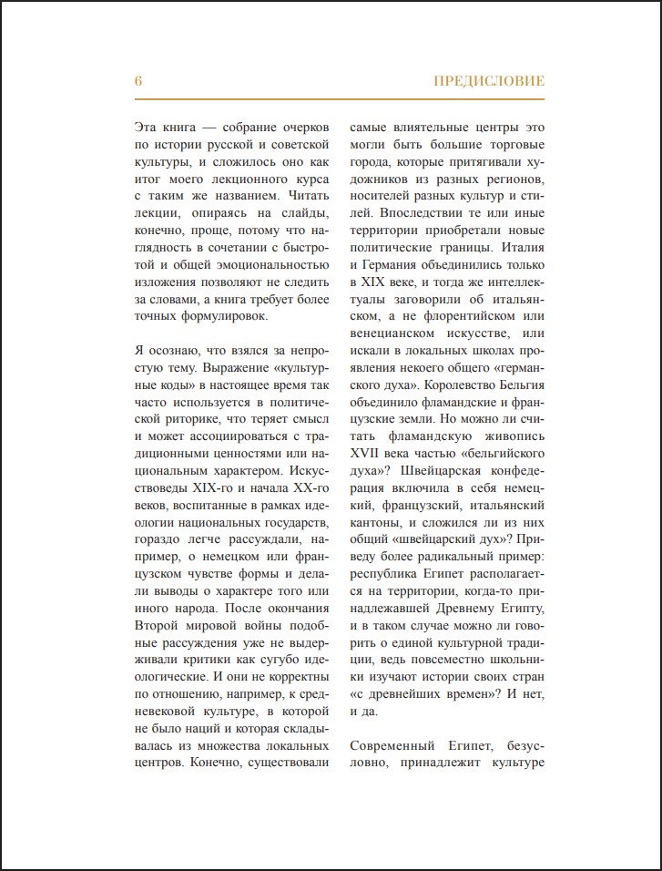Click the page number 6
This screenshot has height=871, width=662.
(137, 81)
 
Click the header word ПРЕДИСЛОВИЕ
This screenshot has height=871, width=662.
(489, 81)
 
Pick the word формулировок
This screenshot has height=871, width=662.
(219, 317)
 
